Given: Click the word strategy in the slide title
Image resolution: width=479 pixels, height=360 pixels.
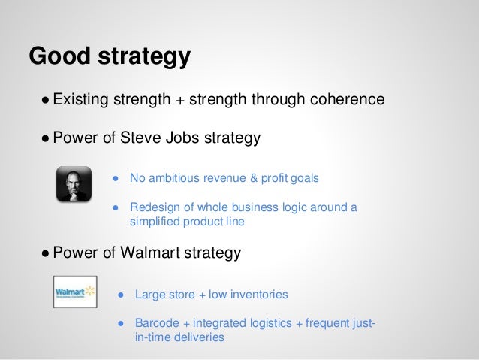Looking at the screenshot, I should (141, 58).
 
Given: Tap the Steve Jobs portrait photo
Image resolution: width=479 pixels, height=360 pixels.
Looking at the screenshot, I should (74, 184).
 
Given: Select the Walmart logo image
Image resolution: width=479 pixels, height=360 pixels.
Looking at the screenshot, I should (75, 292).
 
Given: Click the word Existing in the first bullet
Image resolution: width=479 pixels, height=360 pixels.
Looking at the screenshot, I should (81, 99).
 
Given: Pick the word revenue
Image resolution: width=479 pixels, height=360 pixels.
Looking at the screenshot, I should (224, 178).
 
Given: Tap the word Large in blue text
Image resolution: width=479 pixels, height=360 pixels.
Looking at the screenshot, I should (149, 294).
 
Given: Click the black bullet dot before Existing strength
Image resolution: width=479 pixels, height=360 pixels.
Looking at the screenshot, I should (47, 100).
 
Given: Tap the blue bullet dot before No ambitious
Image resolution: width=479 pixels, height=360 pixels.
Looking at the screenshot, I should (116, 179).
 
